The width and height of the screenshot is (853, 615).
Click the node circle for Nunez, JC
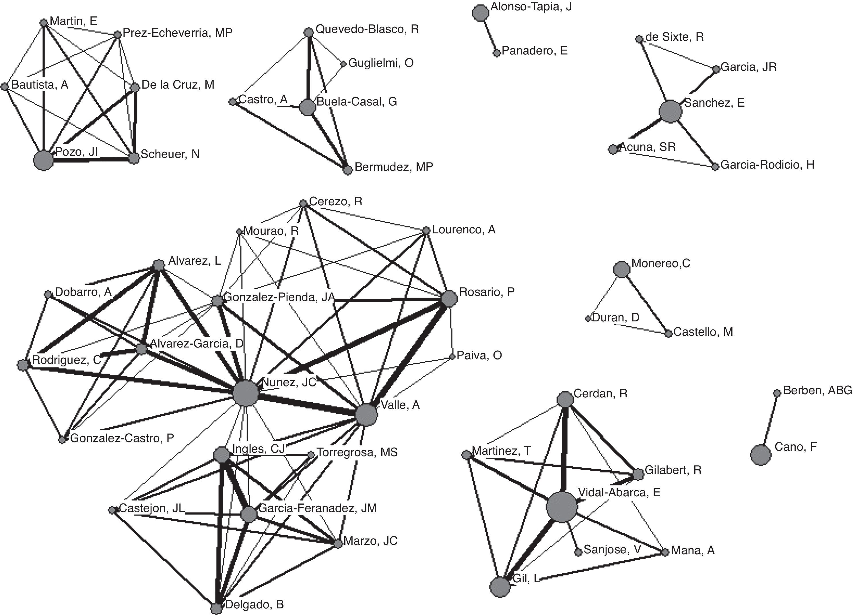click(x=246, y=393)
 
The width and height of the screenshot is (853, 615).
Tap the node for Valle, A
click(x=366, y=415)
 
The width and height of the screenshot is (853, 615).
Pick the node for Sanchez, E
click(x=670, y=111)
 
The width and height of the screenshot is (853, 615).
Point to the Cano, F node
click(x=761, y=454)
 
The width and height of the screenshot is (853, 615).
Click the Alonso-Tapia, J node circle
click(x=480, y=13)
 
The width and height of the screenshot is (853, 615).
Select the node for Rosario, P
click(x=449, y=299)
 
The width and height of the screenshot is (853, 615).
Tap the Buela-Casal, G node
click(x=308, y=108)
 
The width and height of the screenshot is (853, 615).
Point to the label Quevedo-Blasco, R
click(x=367, y=29)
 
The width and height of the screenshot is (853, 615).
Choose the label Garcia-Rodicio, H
click(x=767, y=165)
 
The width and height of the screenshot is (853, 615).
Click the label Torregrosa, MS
click(x=357, y=452)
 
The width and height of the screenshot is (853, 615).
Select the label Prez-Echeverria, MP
click(x=178, y=33)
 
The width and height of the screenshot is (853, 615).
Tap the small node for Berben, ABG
click(x=777, y=393)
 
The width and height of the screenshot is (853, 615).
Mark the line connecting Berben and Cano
click(x=770, y=420)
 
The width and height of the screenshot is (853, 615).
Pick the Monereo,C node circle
click(x=621, y=270)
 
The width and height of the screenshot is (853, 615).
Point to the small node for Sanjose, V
click(x=578, y=552)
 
